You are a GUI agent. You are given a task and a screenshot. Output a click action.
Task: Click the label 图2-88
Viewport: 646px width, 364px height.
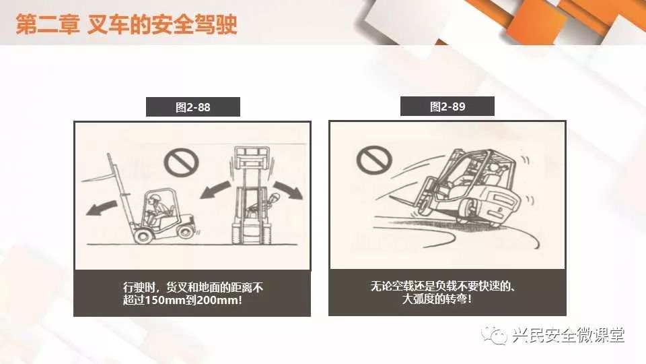coord(193,107)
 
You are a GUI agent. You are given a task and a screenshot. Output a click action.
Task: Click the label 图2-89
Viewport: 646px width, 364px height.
coord(447,107)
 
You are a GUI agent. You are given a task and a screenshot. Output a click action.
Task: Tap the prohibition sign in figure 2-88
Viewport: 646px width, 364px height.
coord(181,162)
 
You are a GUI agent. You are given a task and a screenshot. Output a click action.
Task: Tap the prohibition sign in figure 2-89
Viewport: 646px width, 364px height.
coord(374,160)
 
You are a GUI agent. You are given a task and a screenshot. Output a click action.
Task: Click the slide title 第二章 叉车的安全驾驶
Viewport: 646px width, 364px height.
coord(127,24)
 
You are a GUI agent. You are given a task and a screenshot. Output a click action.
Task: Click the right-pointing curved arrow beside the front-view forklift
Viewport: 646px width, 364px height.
coord(289,189)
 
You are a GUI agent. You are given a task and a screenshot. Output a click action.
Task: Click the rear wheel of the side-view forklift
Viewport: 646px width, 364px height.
coord(186,231)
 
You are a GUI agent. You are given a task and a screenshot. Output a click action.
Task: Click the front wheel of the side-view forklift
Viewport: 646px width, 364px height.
coord(143,235)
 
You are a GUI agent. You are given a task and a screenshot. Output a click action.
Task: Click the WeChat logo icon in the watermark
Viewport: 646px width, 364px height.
coord(494,335)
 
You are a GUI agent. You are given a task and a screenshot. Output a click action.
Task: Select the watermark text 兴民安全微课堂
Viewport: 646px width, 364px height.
coord(569,335)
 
